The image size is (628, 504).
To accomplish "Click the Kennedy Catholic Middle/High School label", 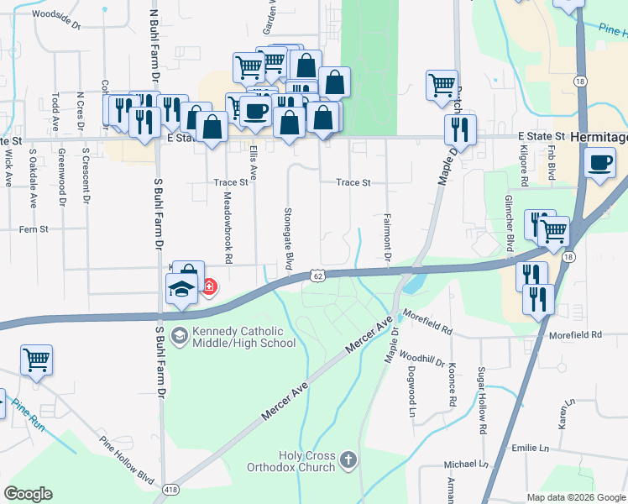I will click(x=243, y=337).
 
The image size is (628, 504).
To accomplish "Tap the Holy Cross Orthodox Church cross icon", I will click(x=348, y=459).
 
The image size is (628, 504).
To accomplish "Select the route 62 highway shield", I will click(x=317, y=275).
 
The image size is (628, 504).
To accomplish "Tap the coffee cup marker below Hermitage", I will click(x=599, y=162).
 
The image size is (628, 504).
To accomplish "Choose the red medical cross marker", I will click(x=208, y=288).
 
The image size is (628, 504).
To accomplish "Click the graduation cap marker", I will click(x=181, y=290).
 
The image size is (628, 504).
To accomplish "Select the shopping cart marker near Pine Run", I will click(x=36, y=360).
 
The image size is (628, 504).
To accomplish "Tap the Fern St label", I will click(x=34, y=228).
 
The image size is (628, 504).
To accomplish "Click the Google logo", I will click(x=28, y=494).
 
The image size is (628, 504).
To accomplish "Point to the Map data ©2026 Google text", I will click(x=574, y=496).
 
